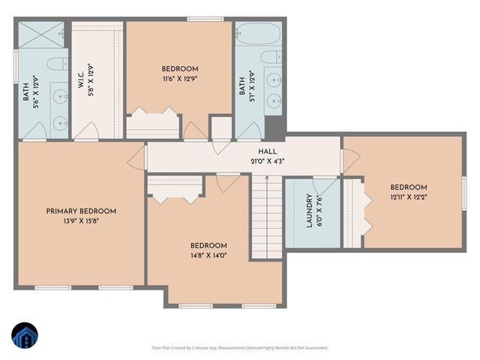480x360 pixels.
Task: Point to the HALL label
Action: point(268,151)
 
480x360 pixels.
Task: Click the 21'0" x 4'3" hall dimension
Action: point(268,160)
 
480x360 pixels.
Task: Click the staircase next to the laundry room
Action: point(267,217)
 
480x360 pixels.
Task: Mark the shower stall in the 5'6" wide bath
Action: point(41,34)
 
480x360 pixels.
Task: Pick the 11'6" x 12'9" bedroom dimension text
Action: point(180,78)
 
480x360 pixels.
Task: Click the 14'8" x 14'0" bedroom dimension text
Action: point(208,255)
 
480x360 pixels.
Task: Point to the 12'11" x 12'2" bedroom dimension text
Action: point(408,197)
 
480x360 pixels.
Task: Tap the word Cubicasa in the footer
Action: point(198,348)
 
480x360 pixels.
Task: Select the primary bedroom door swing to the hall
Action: point(137,157)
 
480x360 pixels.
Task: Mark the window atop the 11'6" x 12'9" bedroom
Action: point(199,19)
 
